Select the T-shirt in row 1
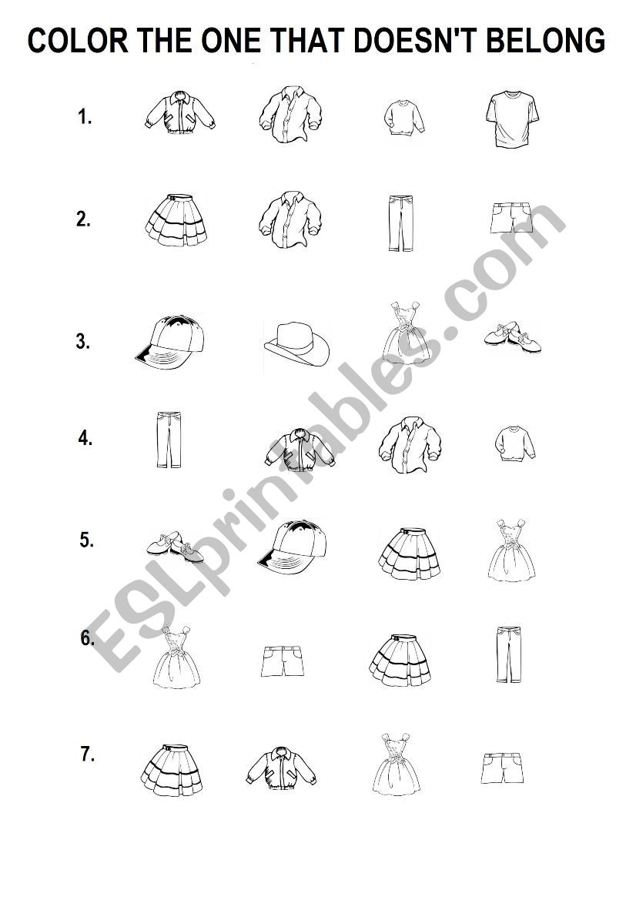512,119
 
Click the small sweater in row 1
404,118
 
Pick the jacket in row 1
179,112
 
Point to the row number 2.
83,219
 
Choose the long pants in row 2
400,222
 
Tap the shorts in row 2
512,218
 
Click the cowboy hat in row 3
297,344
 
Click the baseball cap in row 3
170,342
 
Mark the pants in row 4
169,439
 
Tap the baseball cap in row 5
293,547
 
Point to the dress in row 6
177,657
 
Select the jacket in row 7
282,767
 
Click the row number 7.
87,754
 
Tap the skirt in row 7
172,771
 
